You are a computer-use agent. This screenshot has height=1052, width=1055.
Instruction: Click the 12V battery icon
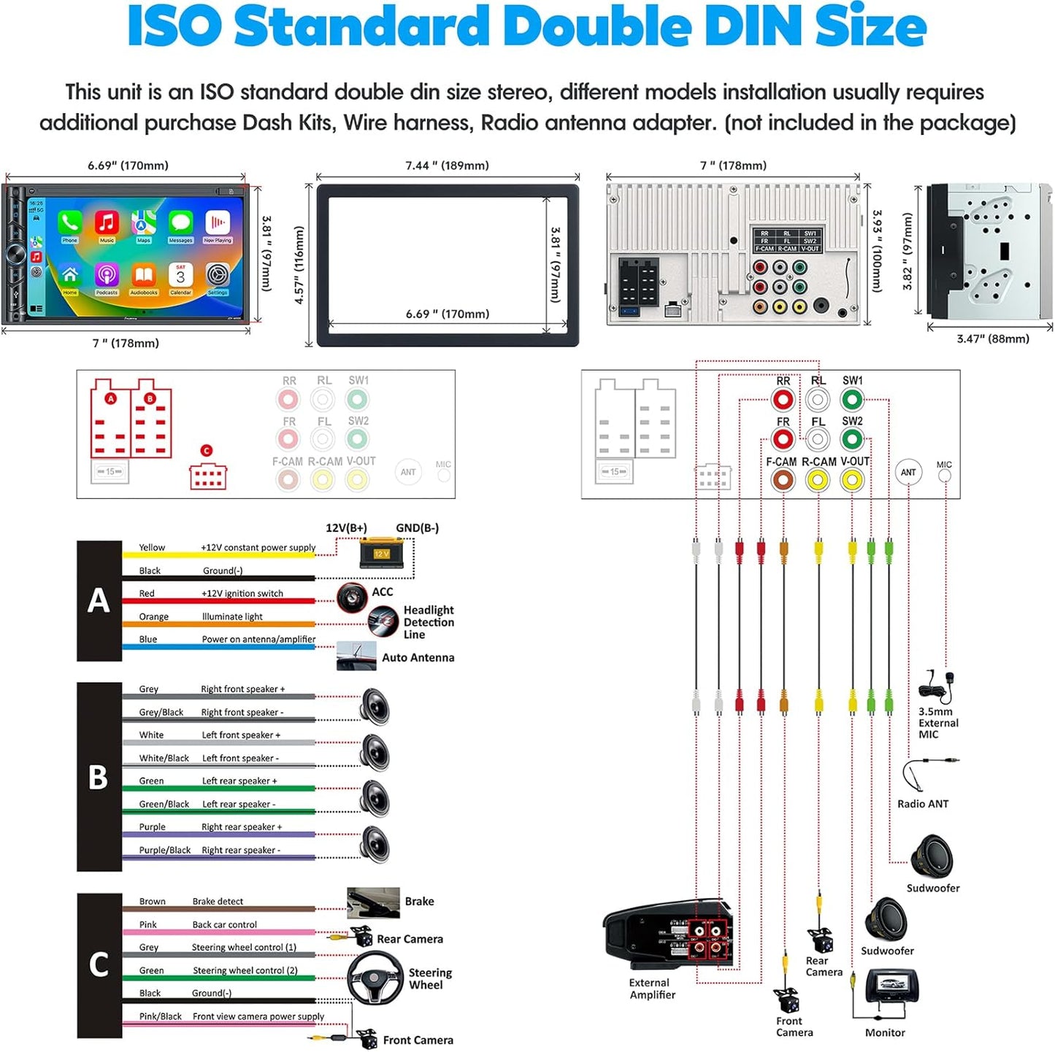coord(382,552)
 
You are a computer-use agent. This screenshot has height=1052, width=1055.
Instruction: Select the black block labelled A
coord(99,600)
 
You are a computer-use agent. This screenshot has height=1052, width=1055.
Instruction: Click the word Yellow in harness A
coord(152,547)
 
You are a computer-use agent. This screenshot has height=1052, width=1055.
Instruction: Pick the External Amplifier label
coord(652,989)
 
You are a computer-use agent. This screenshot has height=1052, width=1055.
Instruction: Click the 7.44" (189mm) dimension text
coord(447,166)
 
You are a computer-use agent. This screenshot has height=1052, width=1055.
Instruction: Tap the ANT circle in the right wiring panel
coord(908,472)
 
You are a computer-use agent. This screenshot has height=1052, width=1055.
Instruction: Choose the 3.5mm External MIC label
coord(937,722)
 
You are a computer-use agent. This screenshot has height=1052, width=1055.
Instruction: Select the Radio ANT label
coord(923,803)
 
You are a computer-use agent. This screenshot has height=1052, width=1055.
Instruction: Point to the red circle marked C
coord(207,451)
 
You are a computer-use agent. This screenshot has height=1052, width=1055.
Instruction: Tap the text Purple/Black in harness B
coord(164,850)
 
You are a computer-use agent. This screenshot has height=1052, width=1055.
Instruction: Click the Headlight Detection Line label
coord(429,622)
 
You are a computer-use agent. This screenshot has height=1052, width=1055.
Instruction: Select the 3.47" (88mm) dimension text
coord(993,339)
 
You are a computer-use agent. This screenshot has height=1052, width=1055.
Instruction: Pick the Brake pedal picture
coord(373,902)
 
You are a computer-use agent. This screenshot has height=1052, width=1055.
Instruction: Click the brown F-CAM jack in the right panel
coord(783,479)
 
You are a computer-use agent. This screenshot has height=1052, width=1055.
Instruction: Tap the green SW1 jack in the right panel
coord(852,400)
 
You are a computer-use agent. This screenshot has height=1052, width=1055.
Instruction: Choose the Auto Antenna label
coord(418,657)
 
